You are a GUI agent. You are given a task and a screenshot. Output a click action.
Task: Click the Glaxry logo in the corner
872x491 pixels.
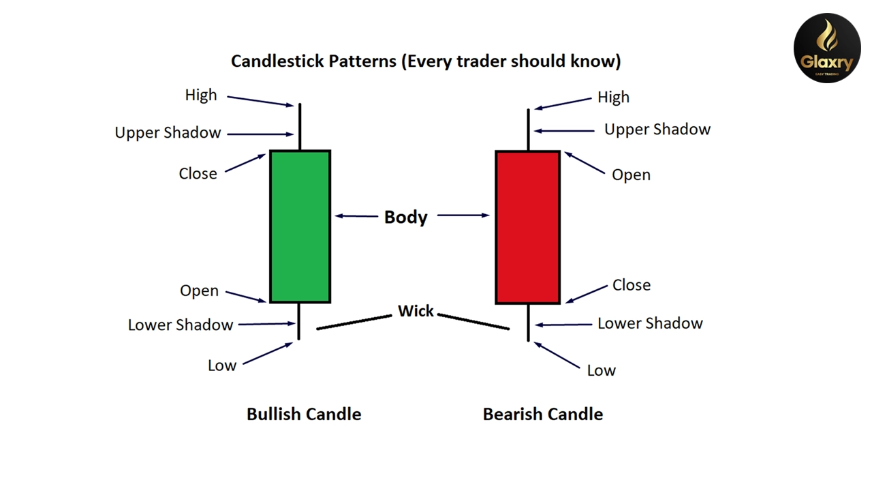coord(827,48)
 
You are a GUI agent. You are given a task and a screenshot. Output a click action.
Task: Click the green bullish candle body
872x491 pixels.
coord(300,226)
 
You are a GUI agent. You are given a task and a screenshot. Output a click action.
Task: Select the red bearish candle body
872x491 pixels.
coord(528,227)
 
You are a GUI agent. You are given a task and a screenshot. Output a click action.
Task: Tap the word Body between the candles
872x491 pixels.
coord(405,217)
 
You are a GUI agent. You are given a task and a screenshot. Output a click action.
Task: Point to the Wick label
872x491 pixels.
coord(416,311)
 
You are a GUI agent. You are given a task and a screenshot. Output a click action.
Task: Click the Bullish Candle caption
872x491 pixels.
coord(304,414)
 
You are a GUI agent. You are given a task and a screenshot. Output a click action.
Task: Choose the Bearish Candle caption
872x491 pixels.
coord(542,414)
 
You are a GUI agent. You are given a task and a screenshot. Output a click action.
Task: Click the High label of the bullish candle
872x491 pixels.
coord(201,95)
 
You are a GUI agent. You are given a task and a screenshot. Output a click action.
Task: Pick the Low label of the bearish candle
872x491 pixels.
coord(601,370)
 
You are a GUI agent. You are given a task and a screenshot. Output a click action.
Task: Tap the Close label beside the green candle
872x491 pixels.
coord(198,174)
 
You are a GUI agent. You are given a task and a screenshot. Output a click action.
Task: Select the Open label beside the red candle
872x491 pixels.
coord(631,175)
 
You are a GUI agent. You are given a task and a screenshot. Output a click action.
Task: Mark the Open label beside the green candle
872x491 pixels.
coord(199,291)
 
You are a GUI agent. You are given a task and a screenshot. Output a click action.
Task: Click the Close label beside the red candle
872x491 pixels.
coord(631,285)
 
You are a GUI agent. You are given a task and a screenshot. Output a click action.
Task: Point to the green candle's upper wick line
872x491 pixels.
coord(299,127)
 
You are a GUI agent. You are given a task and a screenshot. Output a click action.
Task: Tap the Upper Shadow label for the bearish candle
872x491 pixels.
coord(657,130)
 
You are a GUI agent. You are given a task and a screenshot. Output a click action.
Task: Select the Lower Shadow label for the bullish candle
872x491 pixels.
coord(181,325)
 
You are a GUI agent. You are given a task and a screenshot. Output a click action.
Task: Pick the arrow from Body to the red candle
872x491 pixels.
coord(463,215)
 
